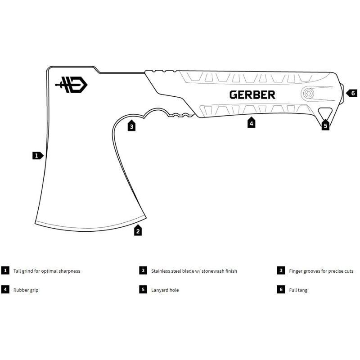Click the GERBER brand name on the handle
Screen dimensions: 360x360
[252, 95]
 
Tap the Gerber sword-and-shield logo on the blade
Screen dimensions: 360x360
[71, 84]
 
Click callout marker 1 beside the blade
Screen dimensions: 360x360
[37, 156]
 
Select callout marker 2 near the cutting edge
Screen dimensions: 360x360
[138, 231]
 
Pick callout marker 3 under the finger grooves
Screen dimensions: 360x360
[131, 126]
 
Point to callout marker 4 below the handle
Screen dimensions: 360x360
[251, 123]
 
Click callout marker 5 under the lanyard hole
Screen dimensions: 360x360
[325, 126]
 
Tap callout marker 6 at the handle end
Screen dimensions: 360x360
[352, 93]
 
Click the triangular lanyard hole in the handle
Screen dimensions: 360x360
[324, 112]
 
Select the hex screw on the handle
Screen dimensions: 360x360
[308, 94]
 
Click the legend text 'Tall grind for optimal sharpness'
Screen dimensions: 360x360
[47, 271]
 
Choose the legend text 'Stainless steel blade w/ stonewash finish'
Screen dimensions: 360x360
[194, 271]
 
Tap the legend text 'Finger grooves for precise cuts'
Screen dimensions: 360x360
[321, 271]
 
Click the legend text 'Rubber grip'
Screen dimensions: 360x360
[26, 290]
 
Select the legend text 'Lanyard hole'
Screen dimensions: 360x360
[165, 290]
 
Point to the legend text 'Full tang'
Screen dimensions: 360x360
[298, 290]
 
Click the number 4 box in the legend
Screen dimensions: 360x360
[5, 290]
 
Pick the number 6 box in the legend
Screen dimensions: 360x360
[281, 290]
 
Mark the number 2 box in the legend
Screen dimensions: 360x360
[143, 270]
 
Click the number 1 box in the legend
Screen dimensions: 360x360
[5, 270]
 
